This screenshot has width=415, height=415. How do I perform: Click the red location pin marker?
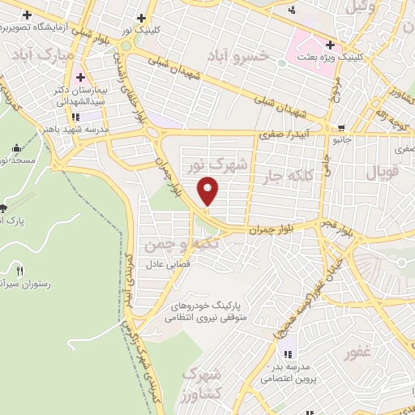pos(209,190)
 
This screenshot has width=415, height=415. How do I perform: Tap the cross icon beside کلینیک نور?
pos(142,19)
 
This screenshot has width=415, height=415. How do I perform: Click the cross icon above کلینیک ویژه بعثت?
pos(328,45)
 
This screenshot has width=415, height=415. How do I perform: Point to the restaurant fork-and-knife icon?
pos(20,270)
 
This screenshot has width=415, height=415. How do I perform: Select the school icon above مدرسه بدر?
pos(288,353)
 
